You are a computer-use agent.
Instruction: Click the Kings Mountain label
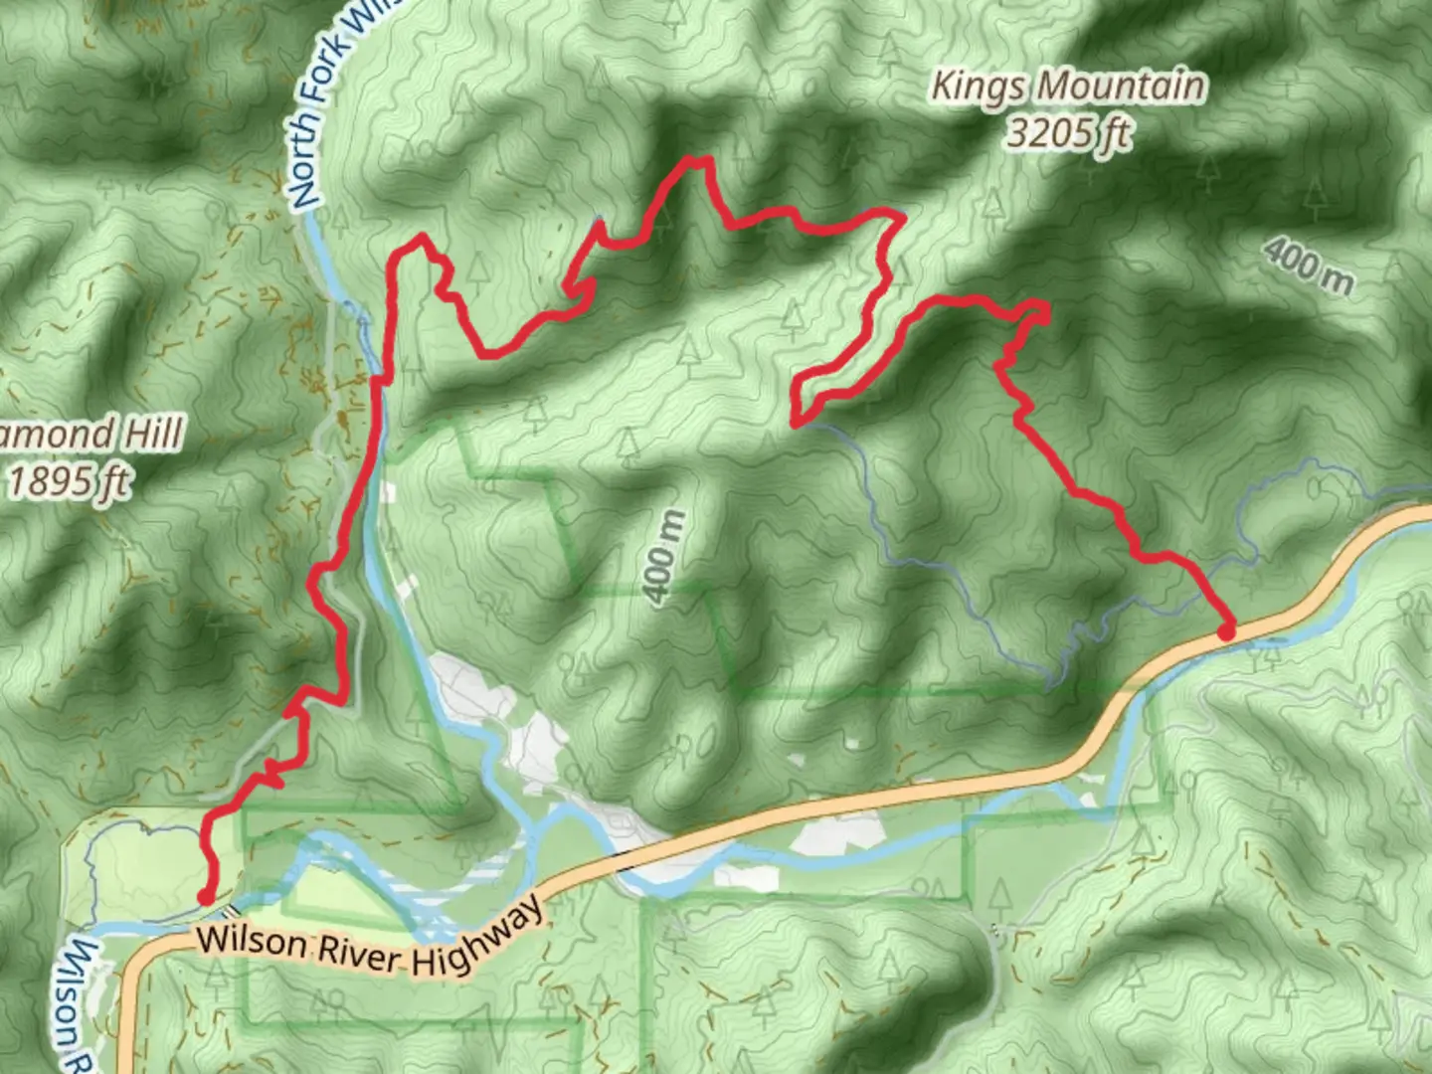click(1068, 88)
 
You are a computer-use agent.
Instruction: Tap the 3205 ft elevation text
click(1068, 132)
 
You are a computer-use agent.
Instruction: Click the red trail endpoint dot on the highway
click(1226, 630)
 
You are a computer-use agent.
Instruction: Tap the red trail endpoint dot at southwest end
click(205, 897)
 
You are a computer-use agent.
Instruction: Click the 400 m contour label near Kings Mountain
click(1309, 266)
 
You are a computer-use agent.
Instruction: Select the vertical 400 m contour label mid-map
click(664, 557)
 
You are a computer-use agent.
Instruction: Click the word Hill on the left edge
click(152, 435)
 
